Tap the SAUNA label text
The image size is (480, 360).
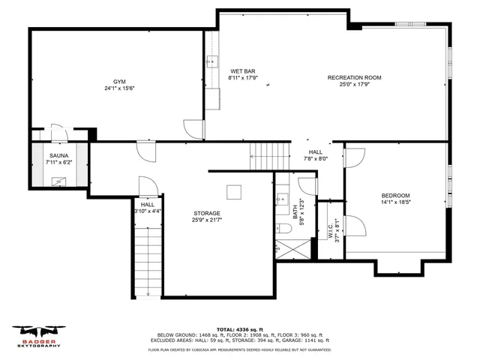(59, 155)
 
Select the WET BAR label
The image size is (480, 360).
(242, 70)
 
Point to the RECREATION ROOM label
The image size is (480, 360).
(355, 77)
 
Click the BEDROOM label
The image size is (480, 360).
(395, 195)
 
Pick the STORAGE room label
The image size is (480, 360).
(206, 213)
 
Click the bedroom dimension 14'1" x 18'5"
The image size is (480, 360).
(395, 202)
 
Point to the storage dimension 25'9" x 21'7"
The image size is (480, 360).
(206, 220)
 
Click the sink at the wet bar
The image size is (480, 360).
(212, 61)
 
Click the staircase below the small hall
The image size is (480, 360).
(148, 259)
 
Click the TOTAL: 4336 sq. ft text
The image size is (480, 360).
(239, 329)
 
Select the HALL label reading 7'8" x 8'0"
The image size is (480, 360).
(316, 154)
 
